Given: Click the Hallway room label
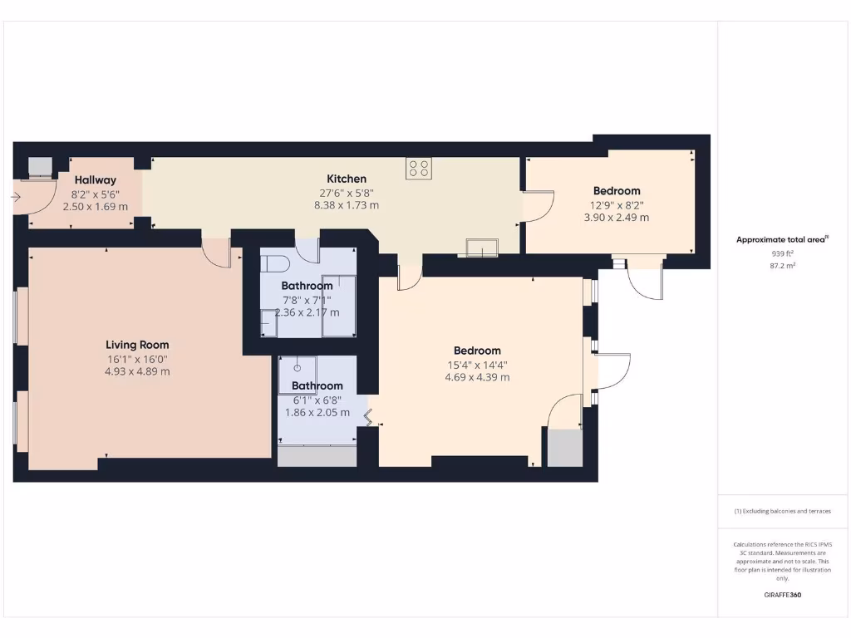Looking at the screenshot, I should (x=96, y=180).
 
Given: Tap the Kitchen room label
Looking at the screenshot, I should (x=347, y=179).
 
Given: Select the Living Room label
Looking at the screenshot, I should (x=137, y=345).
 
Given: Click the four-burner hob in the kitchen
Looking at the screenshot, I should (x=418, y=169).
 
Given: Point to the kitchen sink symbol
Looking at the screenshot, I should (x=482, y=246).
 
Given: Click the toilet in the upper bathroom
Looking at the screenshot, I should (x=273, y=264).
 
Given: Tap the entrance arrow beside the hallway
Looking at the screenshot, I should (x=16, y=197).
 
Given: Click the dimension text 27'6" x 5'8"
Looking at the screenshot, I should (x=347, y=192).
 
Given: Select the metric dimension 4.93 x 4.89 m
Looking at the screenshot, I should (x=137, y=371).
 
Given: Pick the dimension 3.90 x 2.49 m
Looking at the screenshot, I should (x=617, y=218).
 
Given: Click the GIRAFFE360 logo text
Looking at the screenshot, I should (x=782, y=595).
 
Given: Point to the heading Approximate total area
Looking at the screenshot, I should (x=780, y=240).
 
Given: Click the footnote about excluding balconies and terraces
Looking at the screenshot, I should (x=782, y=511).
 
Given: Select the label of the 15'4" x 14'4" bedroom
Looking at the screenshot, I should (x=477, y=351).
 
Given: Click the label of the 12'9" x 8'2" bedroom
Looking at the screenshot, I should (x=617, y=191).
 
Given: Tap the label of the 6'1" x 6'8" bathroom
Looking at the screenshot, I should (x=317, y=385).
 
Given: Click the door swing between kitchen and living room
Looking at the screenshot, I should (x=217, y=253).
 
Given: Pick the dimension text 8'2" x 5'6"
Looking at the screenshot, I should (x=96, y=194).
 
